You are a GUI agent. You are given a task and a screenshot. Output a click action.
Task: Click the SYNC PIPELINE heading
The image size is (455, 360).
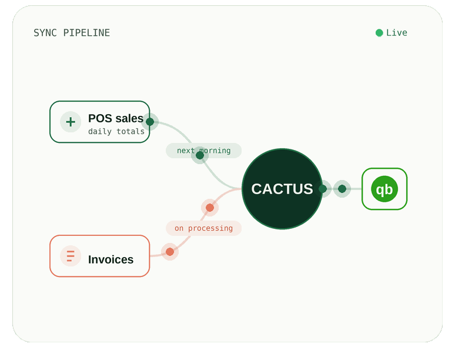click(x=72, y=33)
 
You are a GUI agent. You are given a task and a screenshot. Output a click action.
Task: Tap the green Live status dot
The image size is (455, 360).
click(x=379, y=33)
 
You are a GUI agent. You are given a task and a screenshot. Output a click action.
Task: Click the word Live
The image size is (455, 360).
click(x=397, y=32)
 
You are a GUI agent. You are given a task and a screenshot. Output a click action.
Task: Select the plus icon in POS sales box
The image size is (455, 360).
click(x=71, y=122)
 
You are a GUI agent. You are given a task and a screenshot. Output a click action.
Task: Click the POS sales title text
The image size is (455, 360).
click(x=116, y=118)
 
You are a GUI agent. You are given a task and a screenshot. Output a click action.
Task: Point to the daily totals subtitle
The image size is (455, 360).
click(x=116, y=132)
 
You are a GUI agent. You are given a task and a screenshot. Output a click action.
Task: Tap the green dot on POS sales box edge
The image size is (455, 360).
click(x=150, y=122)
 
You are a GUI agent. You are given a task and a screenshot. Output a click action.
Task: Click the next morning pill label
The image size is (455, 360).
click(x=204, y=151)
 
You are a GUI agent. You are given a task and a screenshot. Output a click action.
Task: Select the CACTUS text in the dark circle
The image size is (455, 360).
click(x=282, y=189)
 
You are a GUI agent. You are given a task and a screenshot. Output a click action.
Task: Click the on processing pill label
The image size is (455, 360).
click(x=204, y=228)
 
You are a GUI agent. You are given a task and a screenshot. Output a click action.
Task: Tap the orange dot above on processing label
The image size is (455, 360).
click(x=210, y=208)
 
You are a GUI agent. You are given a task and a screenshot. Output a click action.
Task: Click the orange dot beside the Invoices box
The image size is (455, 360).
click(x=170, y=252)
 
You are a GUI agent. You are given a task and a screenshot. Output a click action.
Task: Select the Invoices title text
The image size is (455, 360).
click(x=111, y=259)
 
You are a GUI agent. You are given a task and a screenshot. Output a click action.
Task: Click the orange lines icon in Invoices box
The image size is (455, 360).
click(x=71, y=256)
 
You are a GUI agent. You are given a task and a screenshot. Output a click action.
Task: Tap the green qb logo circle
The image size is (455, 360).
click(x=384, y=189)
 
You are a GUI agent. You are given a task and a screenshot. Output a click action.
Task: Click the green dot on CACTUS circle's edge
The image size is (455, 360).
click(x=323, y=189)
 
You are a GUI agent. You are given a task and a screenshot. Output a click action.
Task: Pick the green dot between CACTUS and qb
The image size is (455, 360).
click(x=342, y=189)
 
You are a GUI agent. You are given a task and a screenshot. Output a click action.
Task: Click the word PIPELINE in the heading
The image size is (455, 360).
click(x=86, y=33)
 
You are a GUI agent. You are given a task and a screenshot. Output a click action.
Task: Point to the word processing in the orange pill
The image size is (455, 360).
click(x=210, y=228)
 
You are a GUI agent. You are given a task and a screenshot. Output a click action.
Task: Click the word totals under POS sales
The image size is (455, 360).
click(x=131, y=132)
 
